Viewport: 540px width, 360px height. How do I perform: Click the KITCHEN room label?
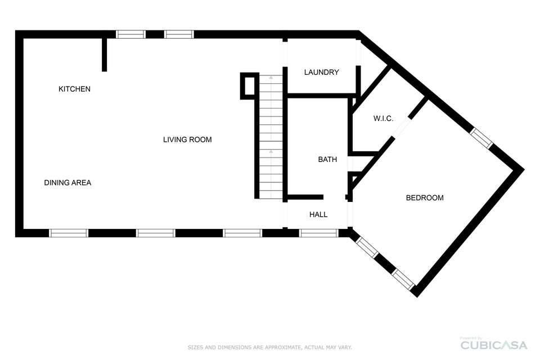coord(74,89)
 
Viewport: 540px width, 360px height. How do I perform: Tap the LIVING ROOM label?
coord(187,139)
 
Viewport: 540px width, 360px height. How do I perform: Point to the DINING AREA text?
coord(67,183)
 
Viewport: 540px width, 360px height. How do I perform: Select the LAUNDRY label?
coord(321,72)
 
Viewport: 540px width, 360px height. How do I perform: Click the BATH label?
coord(327,159)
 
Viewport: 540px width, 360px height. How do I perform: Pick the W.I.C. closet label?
coord(383,119)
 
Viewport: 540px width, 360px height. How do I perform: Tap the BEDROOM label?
coord(425,198)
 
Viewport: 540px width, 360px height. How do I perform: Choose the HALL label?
coord(318,215)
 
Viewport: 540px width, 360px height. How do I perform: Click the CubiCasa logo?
coord(494,345)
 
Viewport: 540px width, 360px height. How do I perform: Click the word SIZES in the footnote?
coord(195,347)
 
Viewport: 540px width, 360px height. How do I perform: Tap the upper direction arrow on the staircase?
coord(271,78)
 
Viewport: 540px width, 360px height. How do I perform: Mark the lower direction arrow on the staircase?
coord(271,151)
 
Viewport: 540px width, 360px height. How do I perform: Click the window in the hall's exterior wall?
coord(318,233)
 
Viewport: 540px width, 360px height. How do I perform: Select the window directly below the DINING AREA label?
coord(69,233)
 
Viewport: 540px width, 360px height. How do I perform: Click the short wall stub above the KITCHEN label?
coord(105,55)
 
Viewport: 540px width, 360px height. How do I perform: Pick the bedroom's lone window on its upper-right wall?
coord(481,138)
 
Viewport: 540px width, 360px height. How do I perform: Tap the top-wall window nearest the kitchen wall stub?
coord(130,34)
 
